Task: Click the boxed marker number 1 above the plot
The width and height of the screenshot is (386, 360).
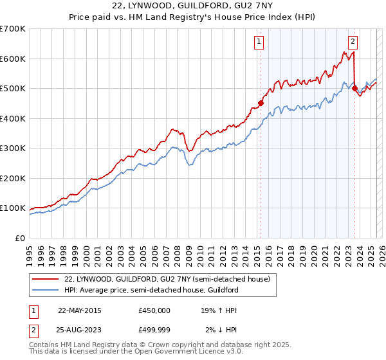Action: click(259, 42)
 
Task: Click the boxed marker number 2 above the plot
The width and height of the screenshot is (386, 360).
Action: click(353, 42)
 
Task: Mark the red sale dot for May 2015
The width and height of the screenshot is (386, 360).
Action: click(261, 103)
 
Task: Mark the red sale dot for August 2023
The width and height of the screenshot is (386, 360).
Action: click(354, 88)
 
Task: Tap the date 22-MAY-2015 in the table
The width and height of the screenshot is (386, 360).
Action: click(80, 310)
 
